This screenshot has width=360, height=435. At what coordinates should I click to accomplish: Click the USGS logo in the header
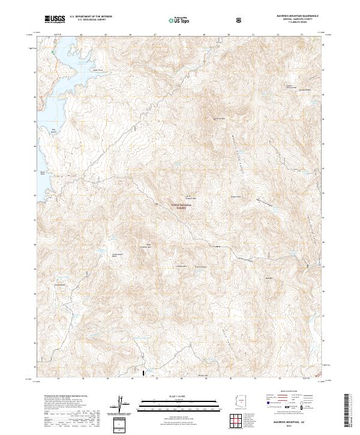click(x=56, y=19)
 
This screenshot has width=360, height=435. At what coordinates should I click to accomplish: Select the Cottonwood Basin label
click(x=118, y=253)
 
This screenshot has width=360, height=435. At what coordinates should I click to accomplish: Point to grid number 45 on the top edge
click(x=106, y=34)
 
